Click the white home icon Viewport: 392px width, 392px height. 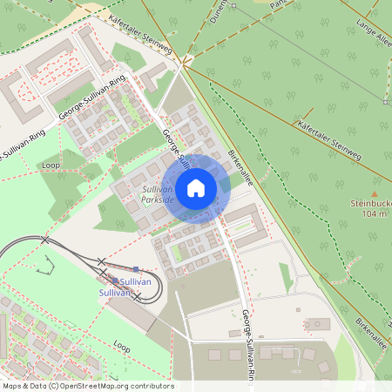pos(196,188)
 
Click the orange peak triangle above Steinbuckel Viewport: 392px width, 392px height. pos(375,193)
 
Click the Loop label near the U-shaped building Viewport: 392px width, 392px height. pos(51,165)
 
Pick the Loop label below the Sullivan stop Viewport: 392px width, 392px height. pos(122,345)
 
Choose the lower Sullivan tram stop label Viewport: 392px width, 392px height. pos(115,294)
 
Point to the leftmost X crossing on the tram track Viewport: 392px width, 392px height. pos(45,240)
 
